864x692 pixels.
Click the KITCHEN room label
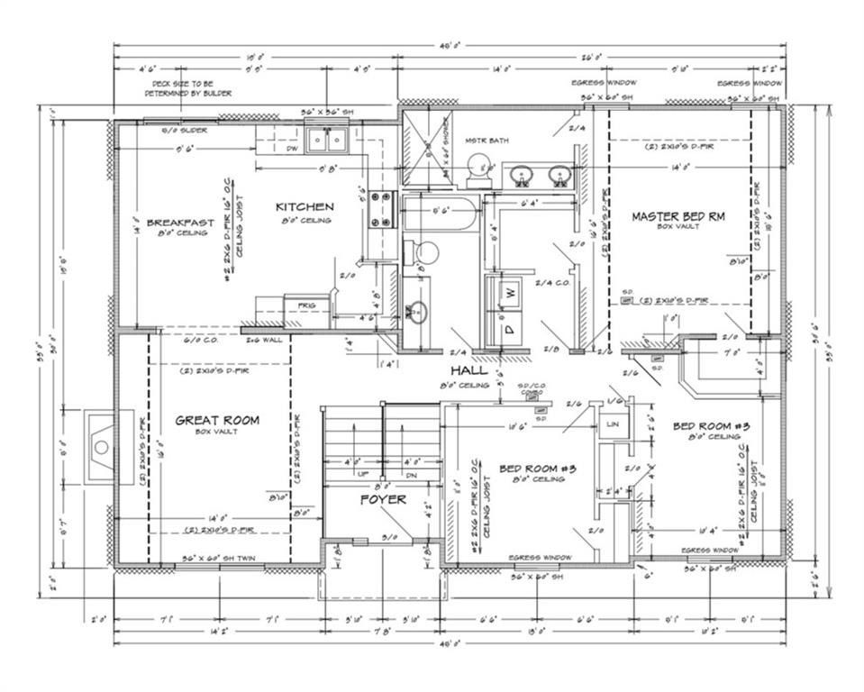(304, 206)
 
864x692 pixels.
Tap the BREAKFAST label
(180, 223)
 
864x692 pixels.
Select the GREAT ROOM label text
(217, 420)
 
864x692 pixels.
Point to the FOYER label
(384, 499)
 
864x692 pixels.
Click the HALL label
(468, 370)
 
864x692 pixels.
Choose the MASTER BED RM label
(678, 216)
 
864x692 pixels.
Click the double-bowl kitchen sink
(327, 140)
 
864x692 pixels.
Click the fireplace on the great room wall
(100, 447)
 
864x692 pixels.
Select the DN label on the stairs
(412, 474)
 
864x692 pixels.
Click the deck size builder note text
(192, 88)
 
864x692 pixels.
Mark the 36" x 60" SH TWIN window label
(219, 559)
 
